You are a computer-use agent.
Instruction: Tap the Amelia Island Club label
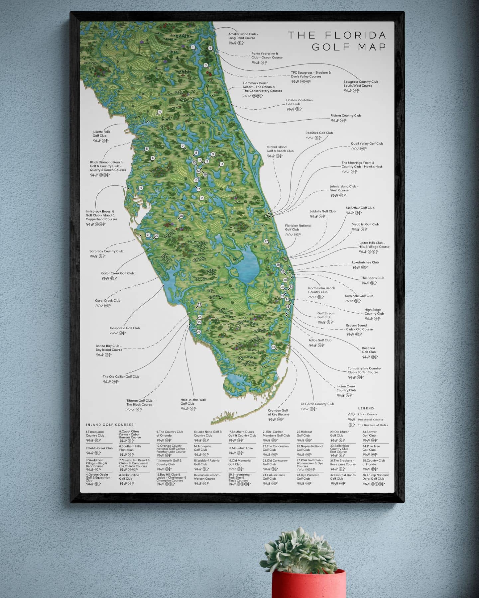coord(243,36)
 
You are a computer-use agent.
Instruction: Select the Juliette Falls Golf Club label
coord(101,134)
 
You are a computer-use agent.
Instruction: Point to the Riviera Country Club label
coord(345,116)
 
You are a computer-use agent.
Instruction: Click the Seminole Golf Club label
coord(359,296)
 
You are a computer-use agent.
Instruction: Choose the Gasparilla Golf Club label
coord(125,328)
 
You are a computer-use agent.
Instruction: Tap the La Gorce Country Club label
coord(317,404)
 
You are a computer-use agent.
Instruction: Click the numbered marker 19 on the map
coord(141,188)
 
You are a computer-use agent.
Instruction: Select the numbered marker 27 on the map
coord(266,241)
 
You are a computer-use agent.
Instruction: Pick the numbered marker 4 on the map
coord(160,112)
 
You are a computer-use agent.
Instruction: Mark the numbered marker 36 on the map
coord(273,347)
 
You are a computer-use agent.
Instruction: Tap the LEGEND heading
coord(366,408)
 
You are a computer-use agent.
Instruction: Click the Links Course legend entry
coord(367,414)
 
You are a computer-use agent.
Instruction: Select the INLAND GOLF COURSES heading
coord(110,425)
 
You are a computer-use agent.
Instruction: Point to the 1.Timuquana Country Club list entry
coord(95,434)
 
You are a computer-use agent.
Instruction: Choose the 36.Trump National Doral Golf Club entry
coord(375,477)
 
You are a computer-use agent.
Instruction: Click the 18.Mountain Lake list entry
coord(240,448)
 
